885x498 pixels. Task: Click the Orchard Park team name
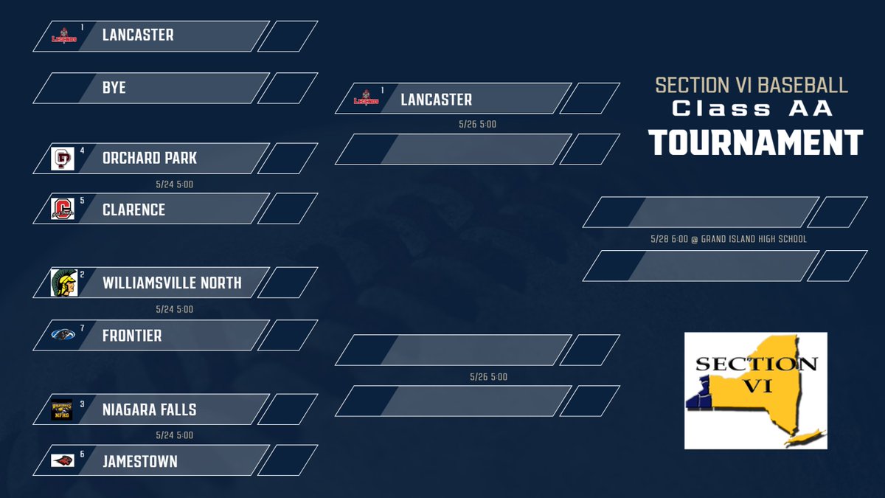click(150, 159)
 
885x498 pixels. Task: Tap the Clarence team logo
click(63, 209)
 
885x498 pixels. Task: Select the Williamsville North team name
click(172, 283)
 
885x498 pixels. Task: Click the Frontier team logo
click(63, 335)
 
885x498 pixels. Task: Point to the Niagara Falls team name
click(150, 410)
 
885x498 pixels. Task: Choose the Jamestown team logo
click(63, 460)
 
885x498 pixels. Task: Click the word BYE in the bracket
click(114, 88)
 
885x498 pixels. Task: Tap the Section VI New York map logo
click(755, 390)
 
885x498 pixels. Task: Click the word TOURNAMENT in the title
click(756, 142)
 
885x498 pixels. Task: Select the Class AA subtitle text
click(752, 108)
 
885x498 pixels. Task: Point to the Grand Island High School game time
click(729, 239)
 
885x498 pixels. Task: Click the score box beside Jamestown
click(288, 460)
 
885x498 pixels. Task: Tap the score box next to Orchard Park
click(288, 159)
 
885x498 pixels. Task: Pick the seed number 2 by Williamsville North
click(82, 274)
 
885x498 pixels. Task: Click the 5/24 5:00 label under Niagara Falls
click(175, 435)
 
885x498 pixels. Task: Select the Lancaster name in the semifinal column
click(436, 100)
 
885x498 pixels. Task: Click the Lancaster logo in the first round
click(63, 35)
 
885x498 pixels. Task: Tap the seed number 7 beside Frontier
click(82, 328)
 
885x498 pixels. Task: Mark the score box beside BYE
click(288, 88)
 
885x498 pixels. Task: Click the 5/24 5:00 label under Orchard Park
click(175, 184)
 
